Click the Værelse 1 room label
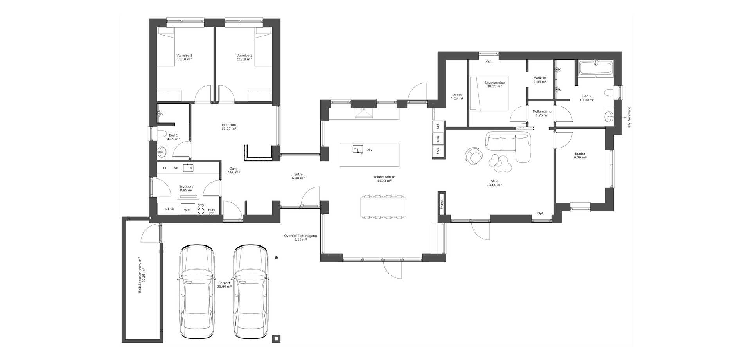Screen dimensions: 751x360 (x=184, y=57)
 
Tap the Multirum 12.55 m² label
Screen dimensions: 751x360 (x=229, y=127)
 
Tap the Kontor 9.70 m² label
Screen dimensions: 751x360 (x=580, y=156)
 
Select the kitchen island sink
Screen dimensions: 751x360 (x=358, y=149)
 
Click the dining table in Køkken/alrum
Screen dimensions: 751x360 (x=383, y=207)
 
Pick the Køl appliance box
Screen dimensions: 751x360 (x=438, y=126)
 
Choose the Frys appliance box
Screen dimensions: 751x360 (x=438, y=151)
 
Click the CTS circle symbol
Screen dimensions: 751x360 (x=201, y=211)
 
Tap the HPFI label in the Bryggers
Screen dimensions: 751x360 (x=212, y=210)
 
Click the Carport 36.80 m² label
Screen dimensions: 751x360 (x=225, y=284)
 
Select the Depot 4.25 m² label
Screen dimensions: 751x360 (x=457, y=97)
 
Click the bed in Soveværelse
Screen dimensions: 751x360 (x=489, y=93)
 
